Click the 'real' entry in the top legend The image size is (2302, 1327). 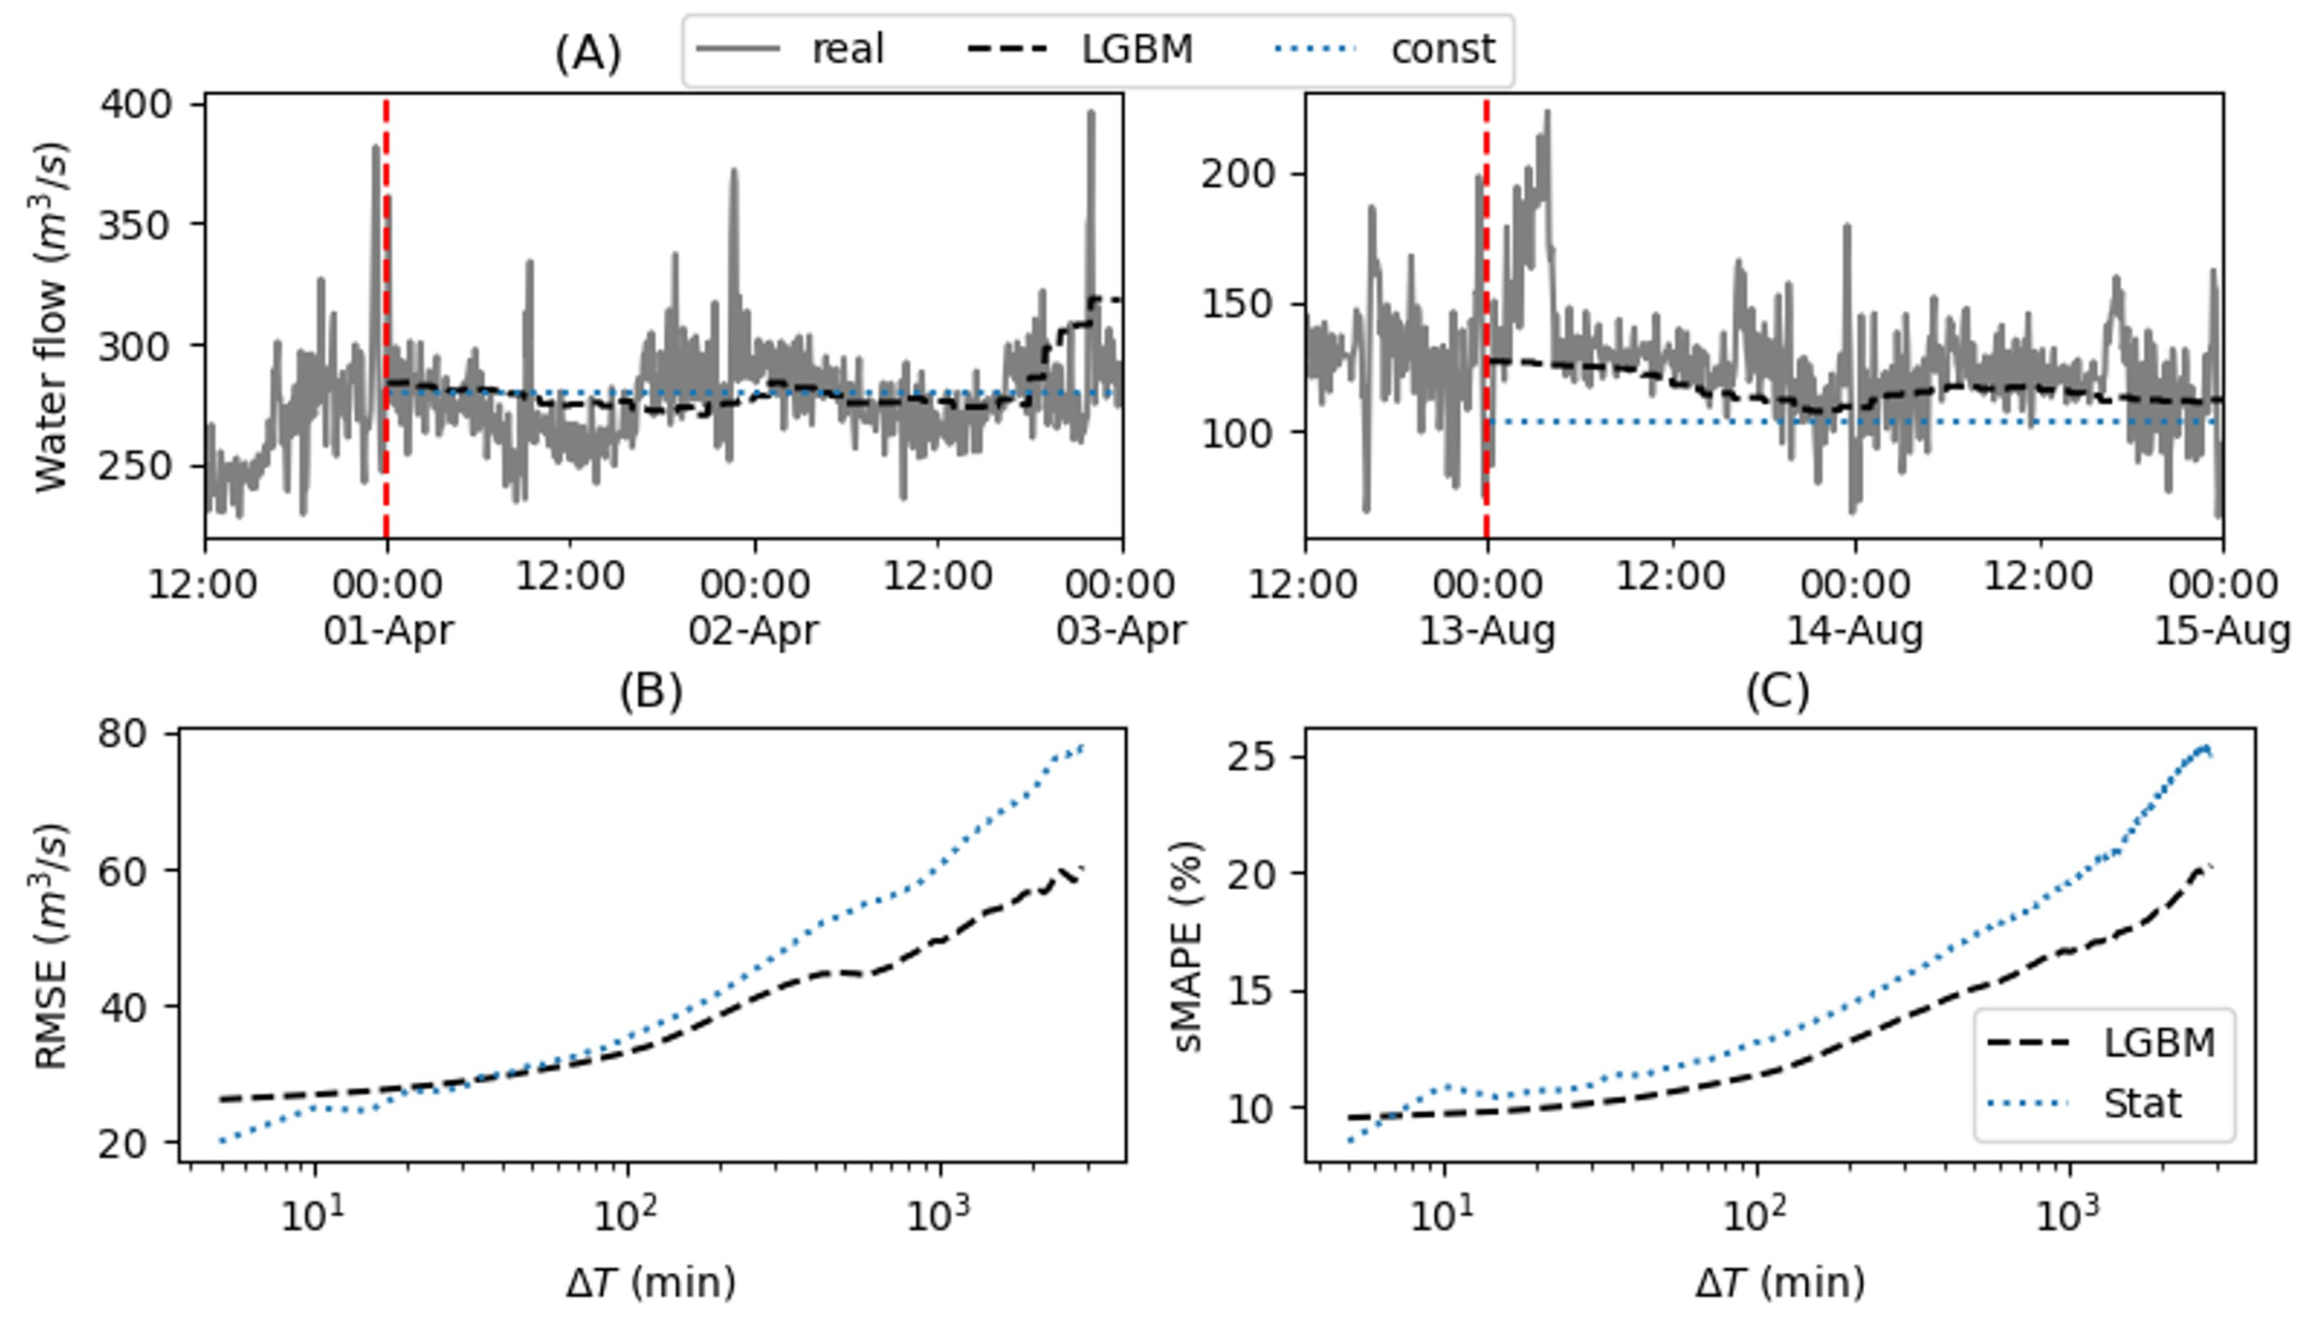point(846,49)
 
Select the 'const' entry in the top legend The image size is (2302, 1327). point(1442,49)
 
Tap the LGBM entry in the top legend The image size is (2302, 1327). point(1136,49)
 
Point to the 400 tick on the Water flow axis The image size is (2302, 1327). point(136,105)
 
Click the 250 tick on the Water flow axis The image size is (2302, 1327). point(136,466)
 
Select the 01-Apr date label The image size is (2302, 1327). point(389,630)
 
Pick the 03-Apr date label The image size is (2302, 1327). point(1120,630)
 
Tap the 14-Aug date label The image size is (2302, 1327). point(1853,630)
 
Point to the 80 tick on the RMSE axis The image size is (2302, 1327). point(123,734)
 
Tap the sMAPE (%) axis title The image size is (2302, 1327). point(1189,946)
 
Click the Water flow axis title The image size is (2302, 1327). point(50,316)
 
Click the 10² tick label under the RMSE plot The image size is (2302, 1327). point(626,1215)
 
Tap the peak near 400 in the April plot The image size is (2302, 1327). point(1091,114)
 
